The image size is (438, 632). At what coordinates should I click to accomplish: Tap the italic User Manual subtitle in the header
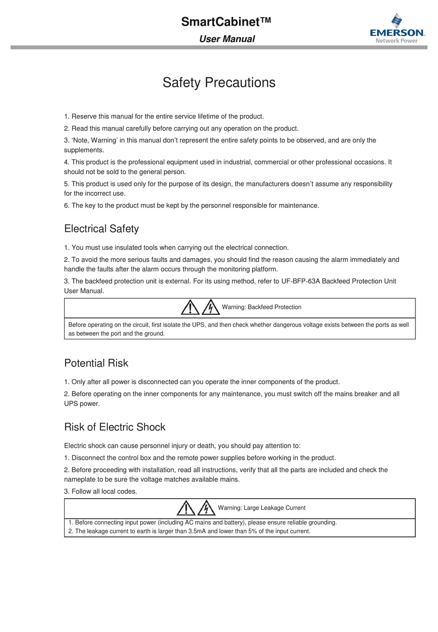[227, 39]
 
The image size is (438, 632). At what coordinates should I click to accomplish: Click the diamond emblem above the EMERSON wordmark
[397, 20]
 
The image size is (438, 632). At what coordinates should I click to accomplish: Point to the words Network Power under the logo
[397, 41]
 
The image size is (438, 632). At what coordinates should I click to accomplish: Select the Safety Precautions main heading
[219, 83]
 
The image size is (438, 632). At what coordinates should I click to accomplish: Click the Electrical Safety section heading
[101, 229]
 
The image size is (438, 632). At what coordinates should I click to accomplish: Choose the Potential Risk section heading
[96, 363]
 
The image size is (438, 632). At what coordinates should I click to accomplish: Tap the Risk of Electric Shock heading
[115, 427]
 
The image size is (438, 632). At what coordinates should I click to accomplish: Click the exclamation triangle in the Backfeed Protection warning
[190, 307]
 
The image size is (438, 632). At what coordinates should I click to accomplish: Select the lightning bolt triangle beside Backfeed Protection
[211, 307]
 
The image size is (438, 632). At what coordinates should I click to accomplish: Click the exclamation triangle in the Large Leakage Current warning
[186, 508]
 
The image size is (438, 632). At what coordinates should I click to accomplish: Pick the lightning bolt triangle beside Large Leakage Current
[207, 508]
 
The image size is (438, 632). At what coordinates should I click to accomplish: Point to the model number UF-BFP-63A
[300, 281]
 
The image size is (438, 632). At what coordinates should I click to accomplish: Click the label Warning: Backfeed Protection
[261, 307]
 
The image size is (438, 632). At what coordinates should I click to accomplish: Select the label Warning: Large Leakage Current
[261, 508]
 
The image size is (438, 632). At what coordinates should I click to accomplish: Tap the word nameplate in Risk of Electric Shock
[80, 480]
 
